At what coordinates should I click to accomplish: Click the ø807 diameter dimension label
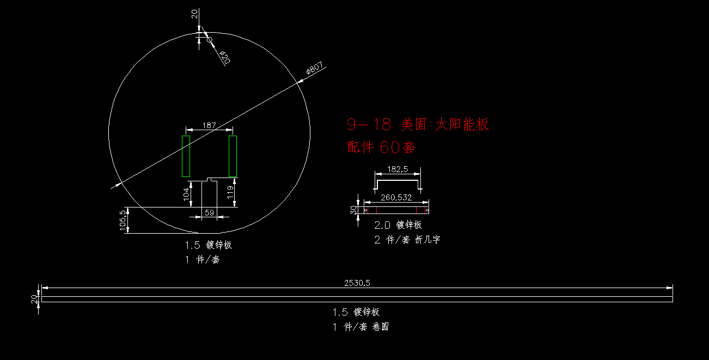tap(315, 68)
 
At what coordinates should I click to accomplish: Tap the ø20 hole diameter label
tap(225, 57)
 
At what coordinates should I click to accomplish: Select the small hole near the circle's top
tap(209, 40)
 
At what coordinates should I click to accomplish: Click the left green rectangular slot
tap(186, 156)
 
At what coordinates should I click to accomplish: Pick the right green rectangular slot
tap(233, 156)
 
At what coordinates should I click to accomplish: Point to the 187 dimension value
tap(209, 125)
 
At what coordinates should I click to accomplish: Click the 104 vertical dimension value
tap(186, 194)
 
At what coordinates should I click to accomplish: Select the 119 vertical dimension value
tap(230, 192)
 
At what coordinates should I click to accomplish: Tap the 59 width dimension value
tap(209, 212)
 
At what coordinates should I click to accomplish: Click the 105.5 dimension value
tap(123, 220)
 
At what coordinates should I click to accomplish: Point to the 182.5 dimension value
tap(398, 169)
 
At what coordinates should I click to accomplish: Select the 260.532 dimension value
tap(396, 198)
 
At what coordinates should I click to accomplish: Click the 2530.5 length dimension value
tap(357, 283)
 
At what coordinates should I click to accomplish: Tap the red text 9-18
tap(369, 124)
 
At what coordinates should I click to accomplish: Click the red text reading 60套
tap(397, 147)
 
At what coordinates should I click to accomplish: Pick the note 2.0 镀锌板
tap(398, 225)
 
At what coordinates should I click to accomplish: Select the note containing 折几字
tap(407, 240)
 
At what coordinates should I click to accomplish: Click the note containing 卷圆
tap(360, 326)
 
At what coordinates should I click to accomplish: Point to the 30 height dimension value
tap(353, 210)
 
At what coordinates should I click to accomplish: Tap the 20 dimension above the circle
tap(194, 14)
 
